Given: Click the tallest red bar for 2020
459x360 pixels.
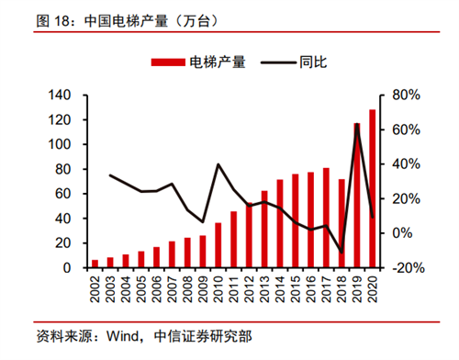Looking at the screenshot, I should (x=372, y=189).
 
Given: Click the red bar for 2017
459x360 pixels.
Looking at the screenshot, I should (x=326, y=218).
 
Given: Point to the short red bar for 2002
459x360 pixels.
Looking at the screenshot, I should (x=95, y=264).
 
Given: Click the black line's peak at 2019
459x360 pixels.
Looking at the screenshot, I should (x=357, y=125).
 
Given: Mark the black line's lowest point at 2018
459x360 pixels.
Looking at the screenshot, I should (x=341, y=252).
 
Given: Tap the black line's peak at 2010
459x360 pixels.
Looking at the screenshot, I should (x=218, y=164).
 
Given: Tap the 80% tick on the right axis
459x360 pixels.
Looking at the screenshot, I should (x=405, y=96).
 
